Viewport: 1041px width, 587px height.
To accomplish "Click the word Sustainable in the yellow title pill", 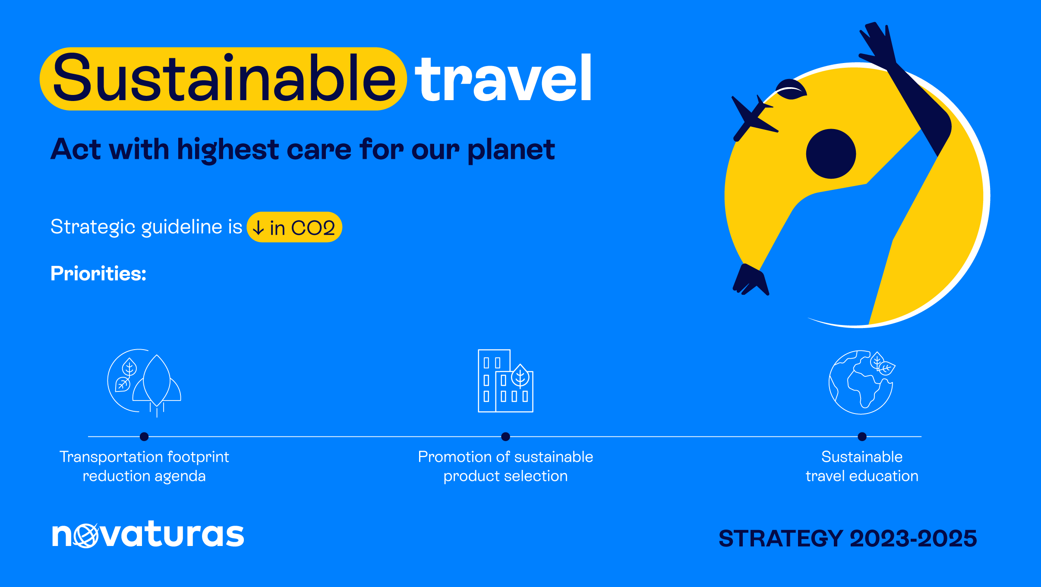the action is coord(224,79).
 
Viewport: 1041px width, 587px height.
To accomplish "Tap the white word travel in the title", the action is coord(503,78).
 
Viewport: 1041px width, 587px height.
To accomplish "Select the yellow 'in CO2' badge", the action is coord(294,227).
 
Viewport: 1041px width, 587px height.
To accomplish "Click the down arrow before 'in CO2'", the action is coord(258,227).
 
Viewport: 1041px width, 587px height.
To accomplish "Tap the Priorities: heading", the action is coord(98,274).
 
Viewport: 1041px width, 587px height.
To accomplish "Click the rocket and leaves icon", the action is coord(144,382).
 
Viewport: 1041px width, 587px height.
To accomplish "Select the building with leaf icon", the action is coord(505,381).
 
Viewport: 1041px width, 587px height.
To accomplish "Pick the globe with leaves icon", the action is coord(861,382).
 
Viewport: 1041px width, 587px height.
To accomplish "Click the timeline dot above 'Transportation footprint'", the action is coord(144,437).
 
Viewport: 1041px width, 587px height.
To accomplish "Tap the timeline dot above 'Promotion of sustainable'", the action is coord(505,437).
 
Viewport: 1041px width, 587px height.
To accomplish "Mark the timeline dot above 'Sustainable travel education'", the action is coord(862,437).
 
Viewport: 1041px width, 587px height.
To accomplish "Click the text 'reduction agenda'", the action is coord(144,476).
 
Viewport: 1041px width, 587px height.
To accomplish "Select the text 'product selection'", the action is coord(505,476).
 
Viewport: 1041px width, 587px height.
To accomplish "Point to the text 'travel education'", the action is coord(862,476).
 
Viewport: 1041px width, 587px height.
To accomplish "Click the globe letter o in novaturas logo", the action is coord(86,536).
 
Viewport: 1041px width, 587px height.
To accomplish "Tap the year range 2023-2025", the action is coord(913,539).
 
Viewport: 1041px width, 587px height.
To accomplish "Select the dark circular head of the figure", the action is coord(831,154).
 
